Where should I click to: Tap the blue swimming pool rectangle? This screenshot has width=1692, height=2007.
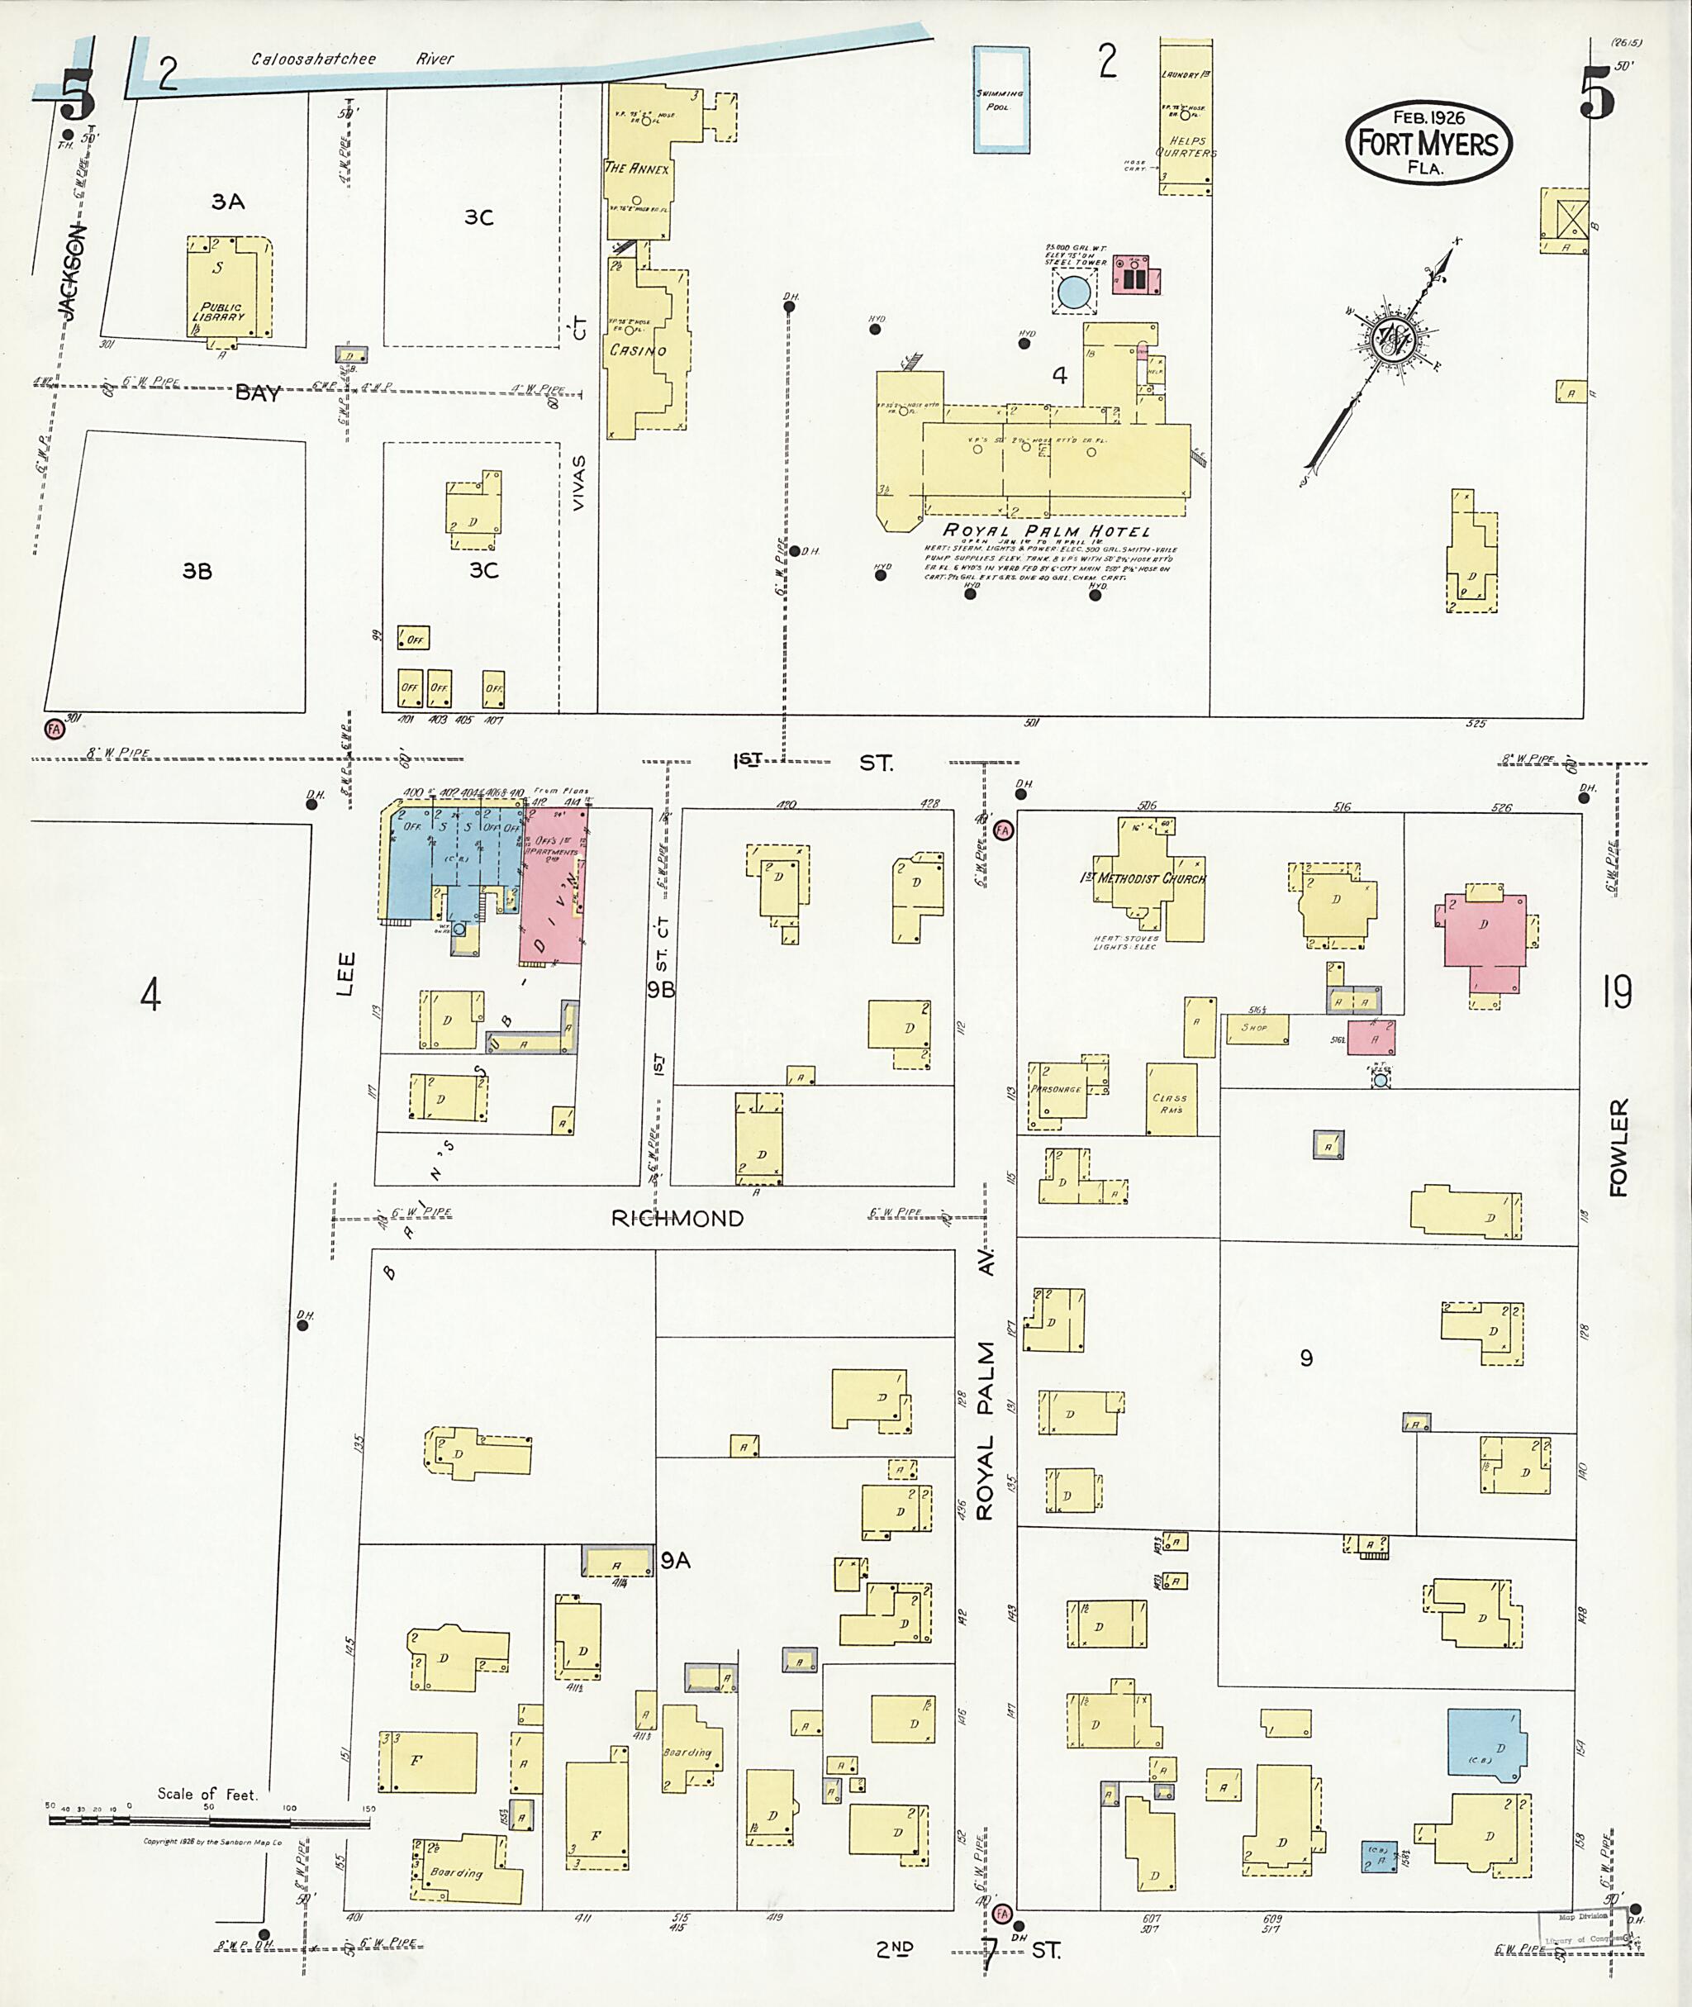(x=1000, y=99)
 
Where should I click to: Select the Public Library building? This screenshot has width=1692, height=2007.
(x=228, y=287)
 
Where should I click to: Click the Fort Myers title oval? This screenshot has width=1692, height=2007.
(x=1428, y=144)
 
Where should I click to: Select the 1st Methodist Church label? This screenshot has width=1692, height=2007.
(x=1143, y=877)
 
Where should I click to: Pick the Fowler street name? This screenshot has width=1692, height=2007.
(x=1619, y=1148)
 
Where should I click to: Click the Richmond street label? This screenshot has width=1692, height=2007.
(x=677, y=1220)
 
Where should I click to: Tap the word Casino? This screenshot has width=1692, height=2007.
(x=638, y=350)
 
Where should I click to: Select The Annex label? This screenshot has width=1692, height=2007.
(x=637, y=168)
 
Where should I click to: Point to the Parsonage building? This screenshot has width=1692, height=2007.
(x=1056, y=1091)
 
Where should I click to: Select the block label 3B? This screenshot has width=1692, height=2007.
(x=197, y=571)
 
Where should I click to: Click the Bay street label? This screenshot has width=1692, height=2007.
(x=258, y=392)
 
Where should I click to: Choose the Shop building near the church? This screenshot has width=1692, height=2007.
(x=1257, y=1029)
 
